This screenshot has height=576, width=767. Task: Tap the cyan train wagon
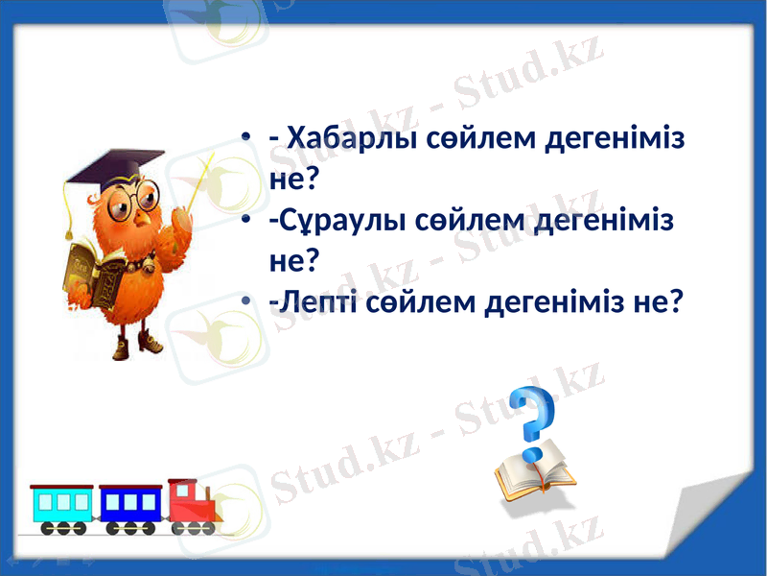[x=62, y=506]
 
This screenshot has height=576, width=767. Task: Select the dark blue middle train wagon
[x=129, y=506]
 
